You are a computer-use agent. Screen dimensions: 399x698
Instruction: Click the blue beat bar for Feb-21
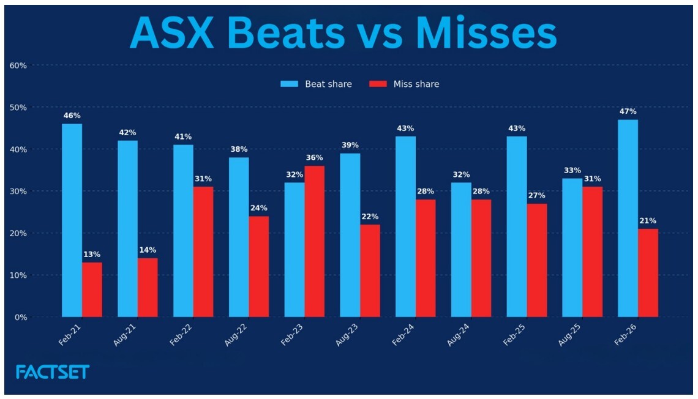(72, 220)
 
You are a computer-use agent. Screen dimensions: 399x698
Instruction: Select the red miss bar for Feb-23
(314, 241)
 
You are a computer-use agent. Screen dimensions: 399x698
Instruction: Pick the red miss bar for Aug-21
(148, 287)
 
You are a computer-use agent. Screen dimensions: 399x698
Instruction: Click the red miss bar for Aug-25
(592, 252)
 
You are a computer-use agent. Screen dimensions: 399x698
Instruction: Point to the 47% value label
(628, 111)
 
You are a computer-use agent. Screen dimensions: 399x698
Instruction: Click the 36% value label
(314, 158)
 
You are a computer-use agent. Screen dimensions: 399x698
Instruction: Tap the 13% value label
(92, 255)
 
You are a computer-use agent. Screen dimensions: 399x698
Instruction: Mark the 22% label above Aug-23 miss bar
(370, 217)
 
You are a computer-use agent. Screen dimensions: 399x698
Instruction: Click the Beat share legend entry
(317, 84)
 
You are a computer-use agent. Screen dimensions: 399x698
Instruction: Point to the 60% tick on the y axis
(18, 65)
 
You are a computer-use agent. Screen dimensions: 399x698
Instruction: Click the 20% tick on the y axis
(18, 233)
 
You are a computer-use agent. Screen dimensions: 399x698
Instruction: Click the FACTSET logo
(53, 371)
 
